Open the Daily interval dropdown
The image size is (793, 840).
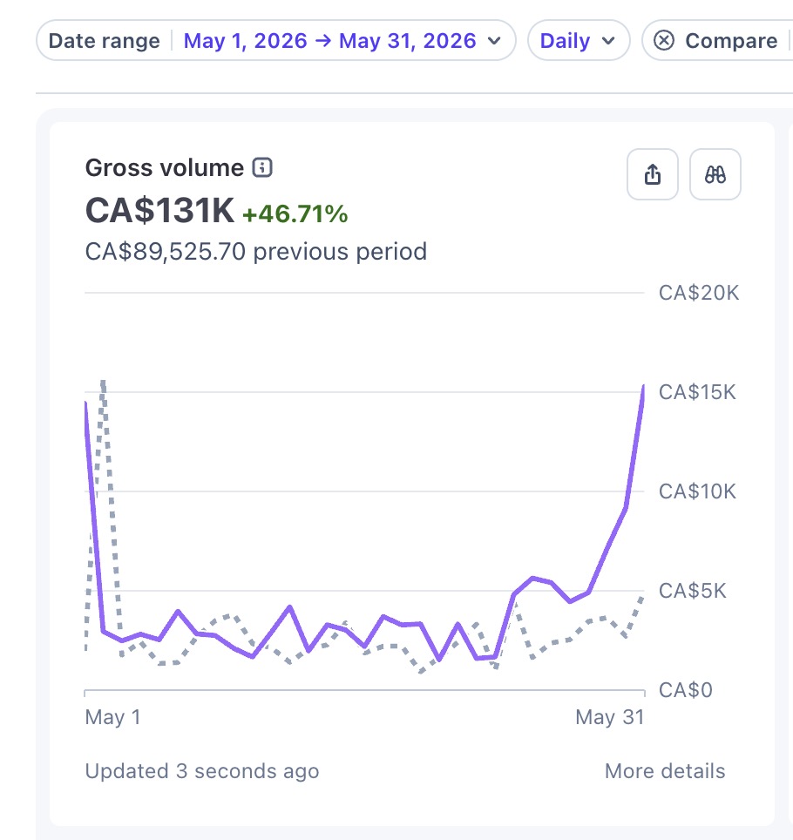click(579, 41)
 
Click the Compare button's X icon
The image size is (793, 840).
click(664, 40)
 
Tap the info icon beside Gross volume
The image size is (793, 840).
click(262, 167)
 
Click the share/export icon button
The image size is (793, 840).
click(653, 174)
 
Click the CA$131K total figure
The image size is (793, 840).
click(159, 210)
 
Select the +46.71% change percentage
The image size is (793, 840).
click(295, 213)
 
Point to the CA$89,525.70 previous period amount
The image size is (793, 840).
click(166, 251)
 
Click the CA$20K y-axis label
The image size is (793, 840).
click(699, 293)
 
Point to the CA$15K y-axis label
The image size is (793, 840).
click(697, 392)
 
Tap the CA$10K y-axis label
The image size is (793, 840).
click(697, 491)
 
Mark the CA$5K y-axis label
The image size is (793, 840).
click(692, 591)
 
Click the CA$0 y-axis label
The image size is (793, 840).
click(685, 690)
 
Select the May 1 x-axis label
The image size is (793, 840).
click(112, 717)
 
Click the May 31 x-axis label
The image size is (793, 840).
click(610, 717)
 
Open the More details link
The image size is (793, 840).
click(665, 771)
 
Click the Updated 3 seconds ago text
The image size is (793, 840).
click(202, 771)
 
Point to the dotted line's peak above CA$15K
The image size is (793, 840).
click(103, 382)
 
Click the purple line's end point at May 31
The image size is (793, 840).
click(643, 386)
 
